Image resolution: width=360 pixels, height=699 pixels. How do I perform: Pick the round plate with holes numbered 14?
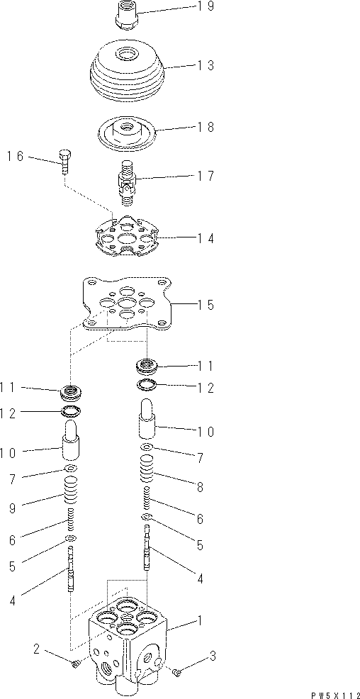coord(127,240)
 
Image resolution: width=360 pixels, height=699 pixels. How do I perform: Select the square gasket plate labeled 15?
coord(127,303)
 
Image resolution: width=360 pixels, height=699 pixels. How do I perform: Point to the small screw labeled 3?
coord(177,669)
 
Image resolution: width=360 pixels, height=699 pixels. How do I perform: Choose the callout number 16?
coord(17,156)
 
